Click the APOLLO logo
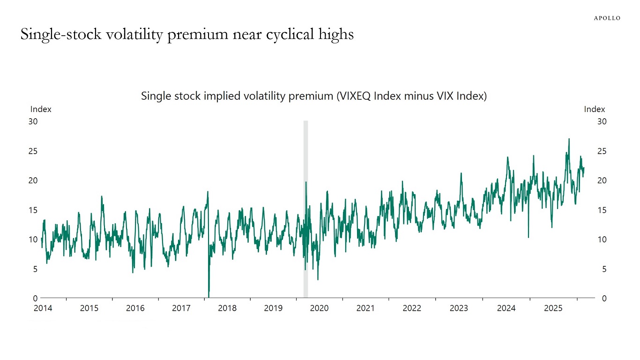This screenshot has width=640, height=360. (607, 18)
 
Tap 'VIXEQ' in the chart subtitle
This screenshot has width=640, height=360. (354, 96)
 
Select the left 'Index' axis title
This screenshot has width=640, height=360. (41, 109)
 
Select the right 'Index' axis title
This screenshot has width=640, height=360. (594, 109)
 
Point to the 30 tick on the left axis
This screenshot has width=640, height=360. (33, 121)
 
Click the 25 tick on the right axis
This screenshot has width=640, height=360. (602, 151)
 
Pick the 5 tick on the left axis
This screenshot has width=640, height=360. (35, 269)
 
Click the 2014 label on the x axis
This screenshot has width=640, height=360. (43, 308)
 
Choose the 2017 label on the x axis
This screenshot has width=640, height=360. (181, 308)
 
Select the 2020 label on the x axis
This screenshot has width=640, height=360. (320, 308)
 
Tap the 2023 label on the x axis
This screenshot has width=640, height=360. (459, 308)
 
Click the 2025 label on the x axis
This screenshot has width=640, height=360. (553, 308)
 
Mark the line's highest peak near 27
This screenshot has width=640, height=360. (569, 139)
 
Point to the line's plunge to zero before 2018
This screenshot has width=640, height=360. (208, 295)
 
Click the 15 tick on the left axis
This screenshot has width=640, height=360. (33, 210)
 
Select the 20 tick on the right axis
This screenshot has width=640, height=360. (602, 180)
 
